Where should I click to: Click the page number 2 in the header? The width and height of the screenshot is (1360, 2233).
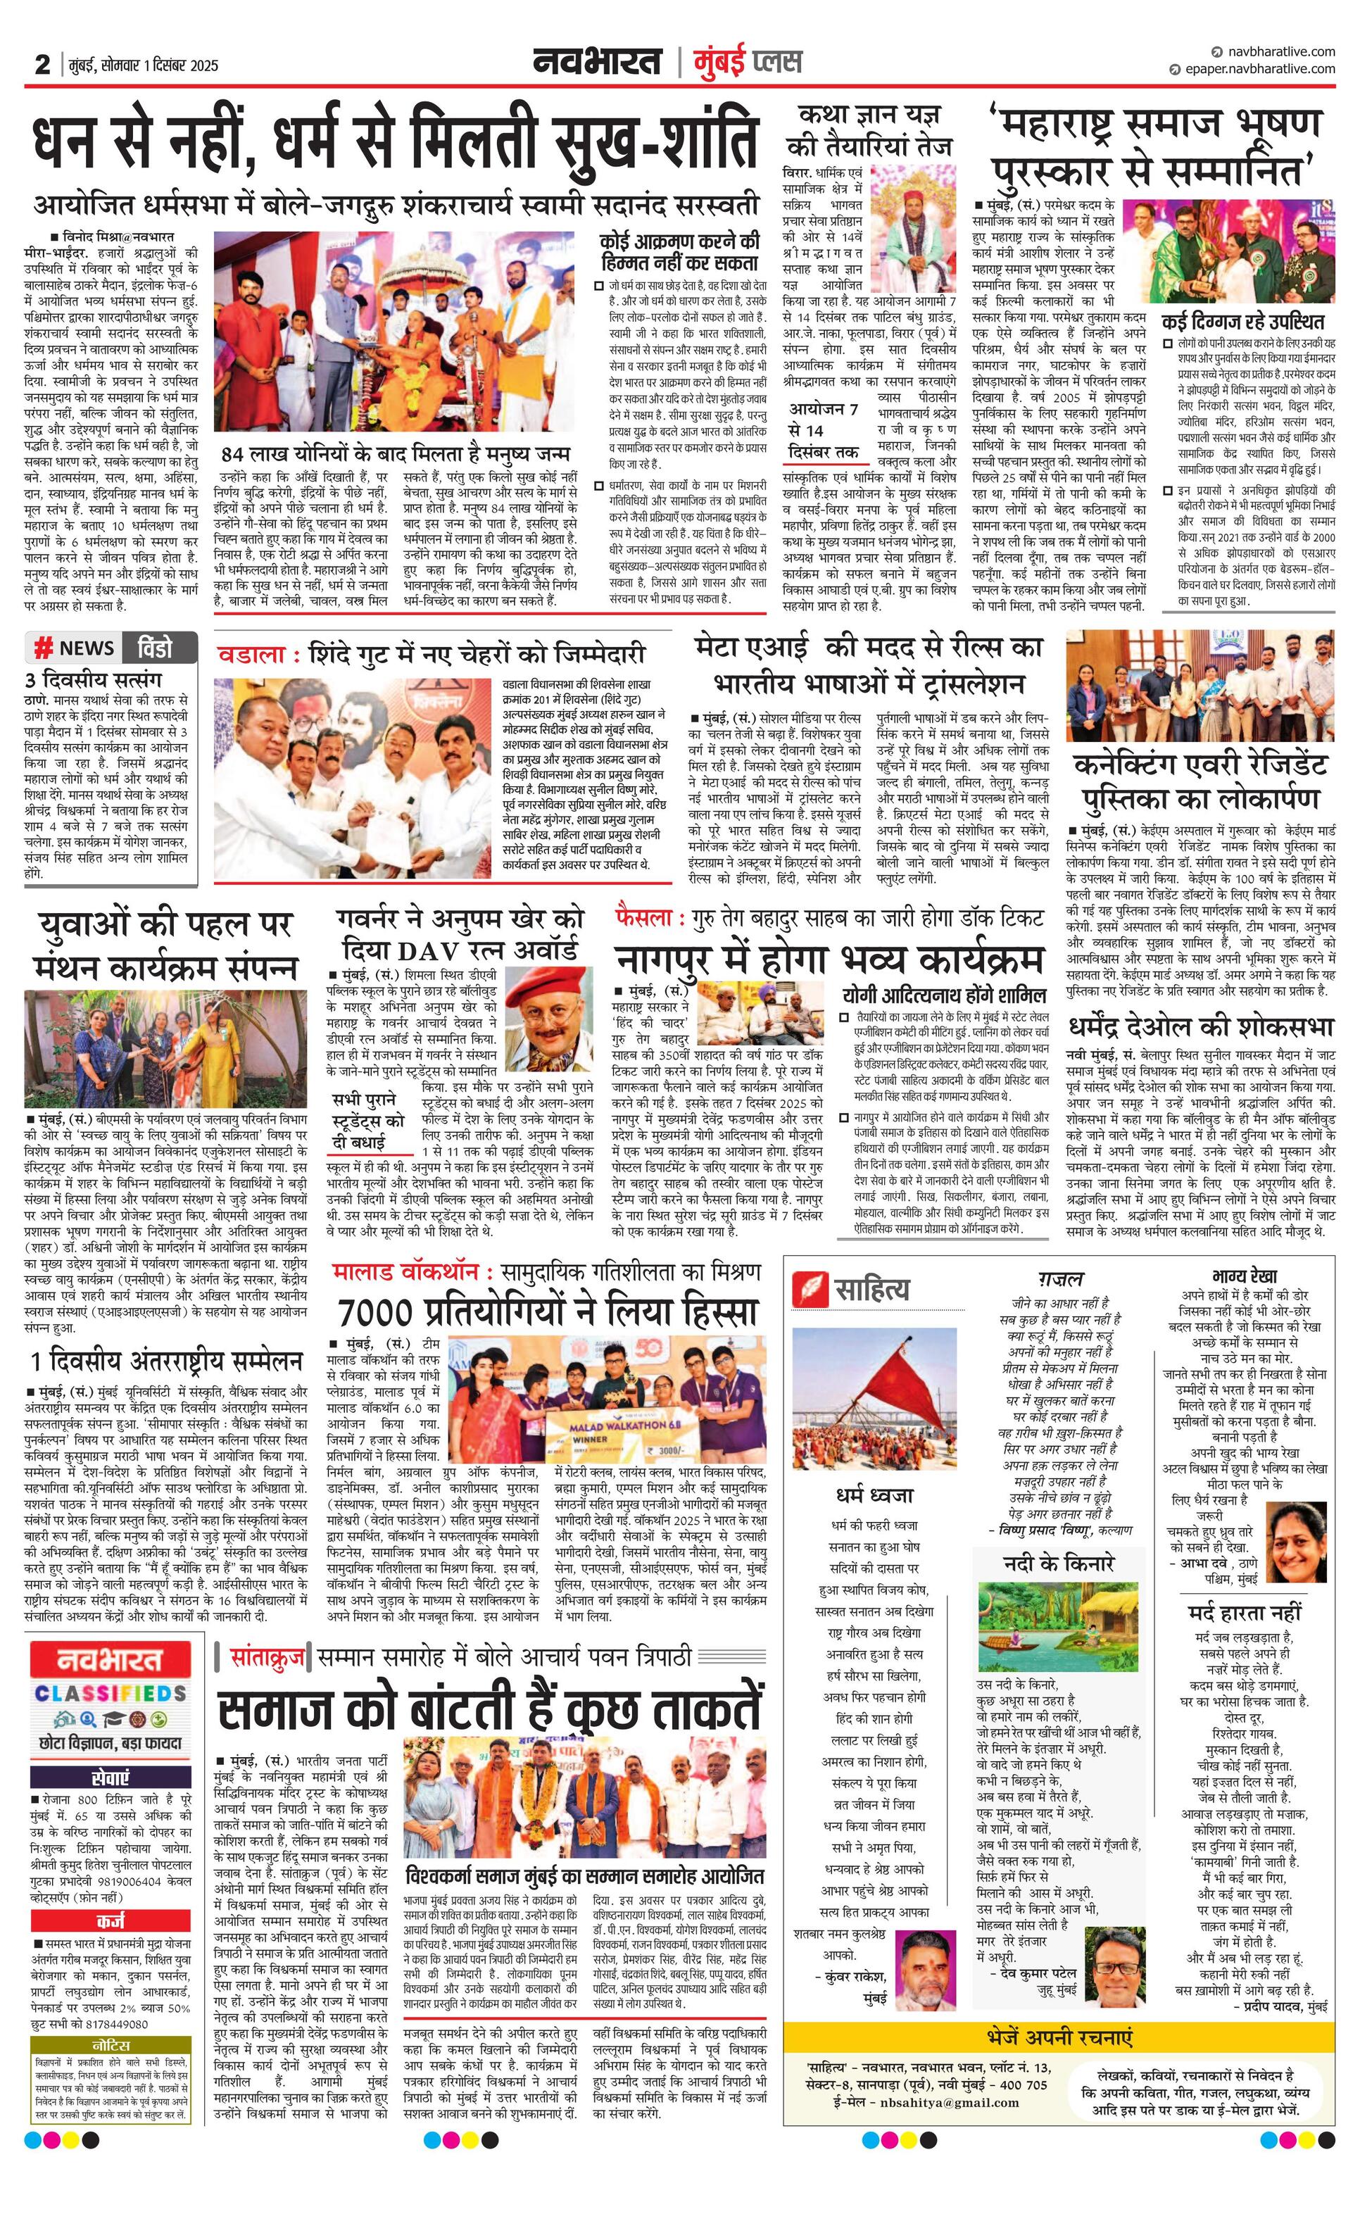[x=42, y=64]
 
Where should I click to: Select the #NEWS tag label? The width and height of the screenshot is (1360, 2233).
[x=75, y=648]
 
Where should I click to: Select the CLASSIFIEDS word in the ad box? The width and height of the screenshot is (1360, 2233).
[x=111, y=1693]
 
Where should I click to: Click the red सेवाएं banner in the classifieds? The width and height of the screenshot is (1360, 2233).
[x=111, y=1778]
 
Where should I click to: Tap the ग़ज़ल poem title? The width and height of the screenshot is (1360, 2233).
[x=1060, y=1278]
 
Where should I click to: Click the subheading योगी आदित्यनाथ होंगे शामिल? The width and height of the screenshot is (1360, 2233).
[x=943, y=994]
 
